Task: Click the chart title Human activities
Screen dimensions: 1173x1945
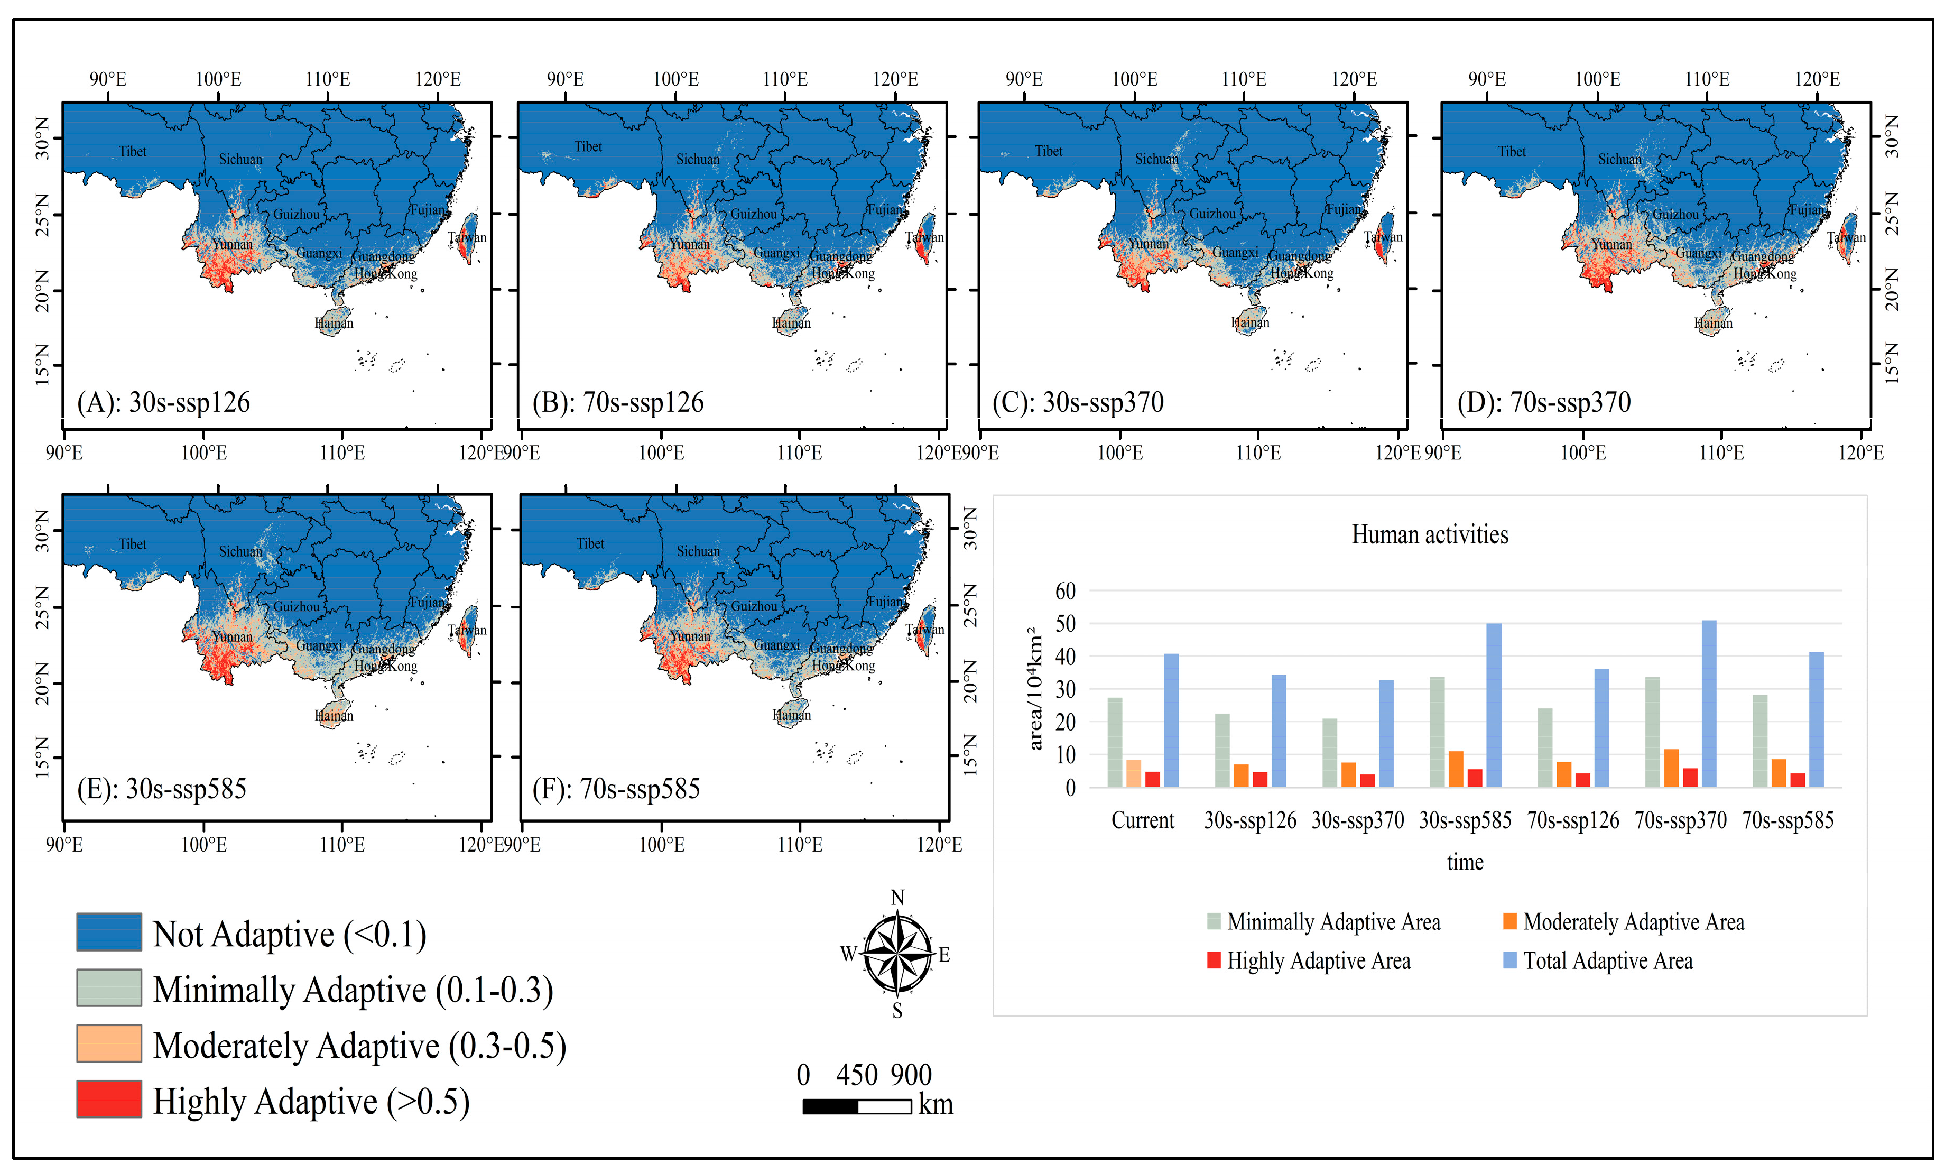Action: click(x=1430, y=534)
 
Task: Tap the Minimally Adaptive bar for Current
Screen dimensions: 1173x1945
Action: click(x=1115, y=742)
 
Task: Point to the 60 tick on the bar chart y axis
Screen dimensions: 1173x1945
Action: click(x=1065, y=590)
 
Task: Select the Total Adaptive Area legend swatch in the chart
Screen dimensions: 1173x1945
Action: click(x=1509, y=960)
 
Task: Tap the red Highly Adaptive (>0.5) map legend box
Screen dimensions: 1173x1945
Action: click(x=109, y=1099)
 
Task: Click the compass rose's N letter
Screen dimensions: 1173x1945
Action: click(x=897, y=898)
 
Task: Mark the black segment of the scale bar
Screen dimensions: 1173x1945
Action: click(x=830, y=1106)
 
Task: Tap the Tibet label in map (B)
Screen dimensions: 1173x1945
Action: click(x=588, y=147)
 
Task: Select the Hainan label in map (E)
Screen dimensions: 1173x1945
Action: click(x=334, y=715)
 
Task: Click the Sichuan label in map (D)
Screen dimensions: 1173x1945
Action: click(x=1620, y=159)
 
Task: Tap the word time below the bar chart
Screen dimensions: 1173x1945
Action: click(x=1464, y=862)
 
